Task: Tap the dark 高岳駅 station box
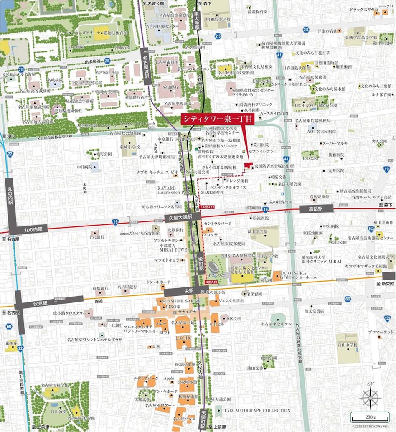pyautogui.click(x=316, y=208)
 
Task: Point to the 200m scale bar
pyautogui.click(x=370, y=417)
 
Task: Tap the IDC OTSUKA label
pyautogui.click(x=296, y=273)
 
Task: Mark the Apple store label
pyautogui.click(x=168, y=378)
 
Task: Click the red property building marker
pyautogui.click(x=248, y=166)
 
